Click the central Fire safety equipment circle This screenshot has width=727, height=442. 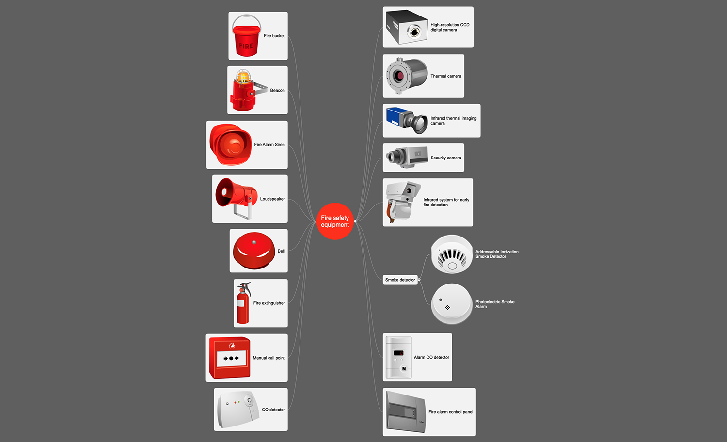pyautogui.click(x=334, y=221)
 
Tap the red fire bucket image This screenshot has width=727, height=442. pyautogui.click(x=246, y=35)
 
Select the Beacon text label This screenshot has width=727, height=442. pyautogui.click(x=278, y=90)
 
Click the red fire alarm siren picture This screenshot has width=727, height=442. pyautogui.click(x=230, y=144)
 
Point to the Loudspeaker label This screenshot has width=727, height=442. pyautogui.click(x=272, y=199)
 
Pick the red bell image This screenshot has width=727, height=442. pyautogui.click(x=254, y=251)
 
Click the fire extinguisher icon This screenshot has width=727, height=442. pyautogui.click(x=243, y=303)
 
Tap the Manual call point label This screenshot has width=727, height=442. pyautogui.click(x=269, y=358)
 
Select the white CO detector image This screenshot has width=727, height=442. pyautogui.click(x=238, y=409)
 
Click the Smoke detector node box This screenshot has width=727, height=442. pyautogui.click(x=400, y=280)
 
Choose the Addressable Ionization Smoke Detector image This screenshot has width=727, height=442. pyautogui.click(x=452, y=254)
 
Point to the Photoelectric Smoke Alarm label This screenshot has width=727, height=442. pyautogui.click(x=495, y=304)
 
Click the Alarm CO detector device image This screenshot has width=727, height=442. pyautogui.click(x=398, y=357)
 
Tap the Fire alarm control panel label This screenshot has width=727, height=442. pyautogui.click(x=451, y=412)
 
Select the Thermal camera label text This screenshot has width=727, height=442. pyautogui.click(x=446, y=76)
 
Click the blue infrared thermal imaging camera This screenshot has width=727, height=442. pyautogui.click(x=407, y=120)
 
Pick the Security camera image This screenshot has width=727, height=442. pyautogui.click(x=407, y=158)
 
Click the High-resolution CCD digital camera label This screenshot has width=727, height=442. pyautogui.click(x=450, y=27)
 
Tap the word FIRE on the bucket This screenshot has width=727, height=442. pyautogui.click(x=246, y=46)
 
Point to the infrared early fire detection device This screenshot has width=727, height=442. pyautogui.click(x=403, y=202)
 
